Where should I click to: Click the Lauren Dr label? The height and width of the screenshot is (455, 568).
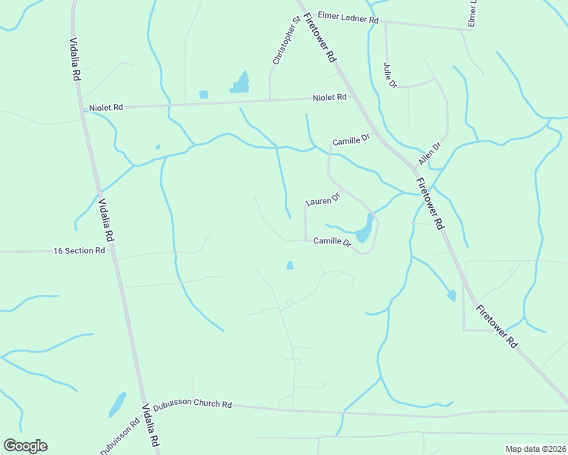[323, 199]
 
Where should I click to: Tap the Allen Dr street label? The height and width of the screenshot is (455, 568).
[430, 155]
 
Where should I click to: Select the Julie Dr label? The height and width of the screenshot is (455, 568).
[390, 75]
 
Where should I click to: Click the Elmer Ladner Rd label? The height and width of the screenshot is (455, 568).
[348, 17]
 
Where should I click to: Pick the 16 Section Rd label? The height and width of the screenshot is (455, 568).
[79, 250]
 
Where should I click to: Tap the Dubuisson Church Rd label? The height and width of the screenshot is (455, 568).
[192, 404]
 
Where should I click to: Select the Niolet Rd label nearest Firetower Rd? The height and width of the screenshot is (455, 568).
[330, 97]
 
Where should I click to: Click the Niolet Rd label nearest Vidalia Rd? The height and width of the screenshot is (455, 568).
[106, 108]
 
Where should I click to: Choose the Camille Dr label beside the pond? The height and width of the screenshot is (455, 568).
[332, 242]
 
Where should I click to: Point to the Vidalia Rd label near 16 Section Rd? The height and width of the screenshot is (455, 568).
[106, 220]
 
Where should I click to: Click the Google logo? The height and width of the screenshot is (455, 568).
[25, 446]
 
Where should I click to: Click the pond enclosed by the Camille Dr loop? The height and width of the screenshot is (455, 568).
[364, 229]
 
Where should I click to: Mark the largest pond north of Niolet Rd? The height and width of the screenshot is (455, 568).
[241, 83]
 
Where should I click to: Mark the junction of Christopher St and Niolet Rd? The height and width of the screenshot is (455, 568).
[271, 99]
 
